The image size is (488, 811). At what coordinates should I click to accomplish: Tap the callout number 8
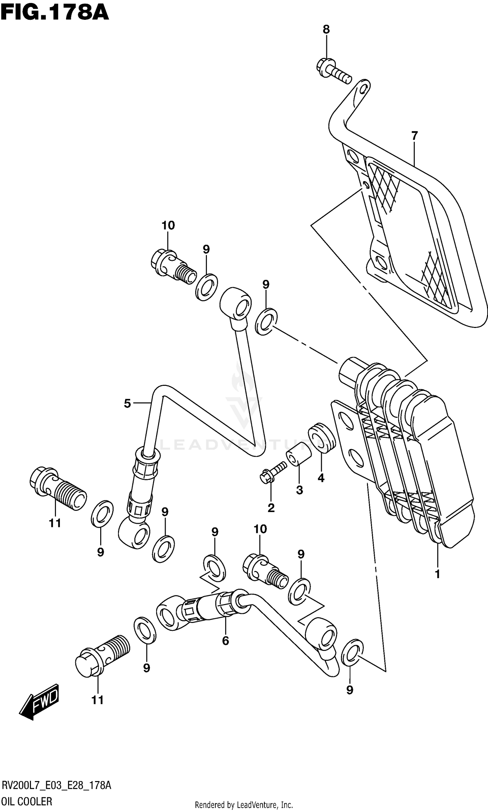click(326, 30)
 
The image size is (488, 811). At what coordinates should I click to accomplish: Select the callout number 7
click(414, 135)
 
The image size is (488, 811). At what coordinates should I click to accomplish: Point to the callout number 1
click(437, 574)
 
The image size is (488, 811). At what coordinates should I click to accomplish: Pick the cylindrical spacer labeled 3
click(299, 454)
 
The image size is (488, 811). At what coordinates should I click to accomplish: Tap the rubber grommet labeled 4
click(322, 438)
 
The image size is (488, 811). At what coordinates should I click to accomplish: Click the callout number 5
click(128, 403)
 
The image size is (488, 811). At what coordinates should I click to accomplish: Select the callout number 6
click(225, 641)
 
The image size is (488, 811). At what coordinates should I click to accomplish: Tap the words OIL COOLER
click(27, 801)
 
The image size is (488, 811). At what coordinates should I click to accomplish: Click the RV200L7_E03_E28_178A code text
click(57, 785)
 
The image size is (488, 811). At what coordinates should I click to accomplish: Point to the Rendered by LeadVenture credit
click(244, 805)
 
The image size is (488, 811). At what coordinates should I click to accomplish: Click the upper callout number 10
click(168, 225)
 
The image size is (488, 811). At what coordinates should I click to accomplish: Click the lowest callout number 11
click(97, 700)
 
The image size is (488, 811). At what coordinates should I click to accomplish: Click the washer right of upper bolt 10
click(206, 286)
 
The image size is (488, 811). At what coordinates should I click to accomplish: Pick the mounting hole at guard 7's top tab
click(362, 89)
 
